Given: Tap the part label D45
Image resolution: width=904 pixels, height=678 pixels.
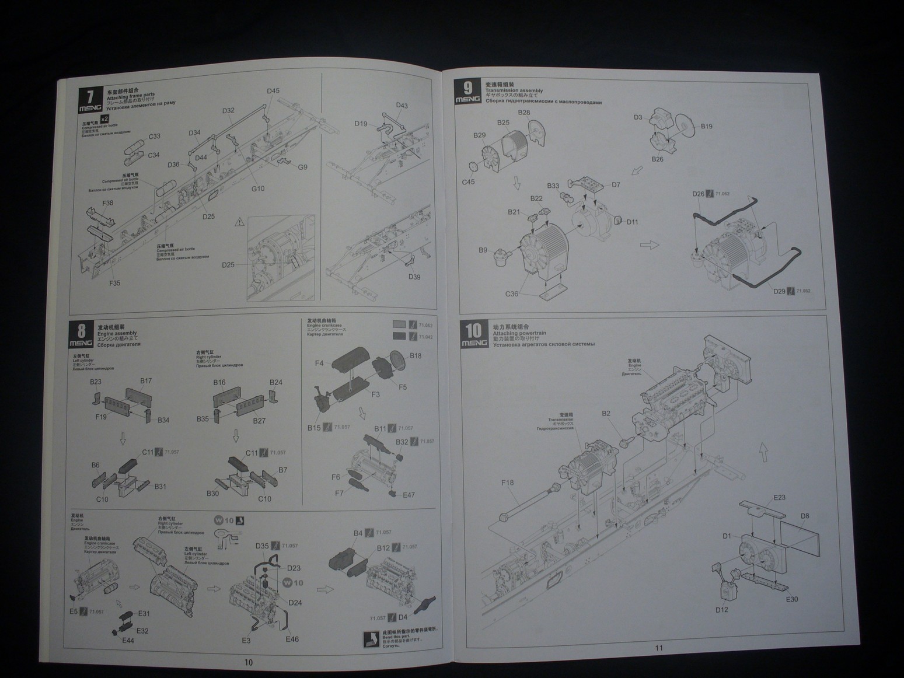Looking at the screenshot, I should [273, 91].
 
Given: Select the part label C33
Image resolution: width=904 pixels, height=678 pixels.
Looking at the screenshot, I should [154, 137].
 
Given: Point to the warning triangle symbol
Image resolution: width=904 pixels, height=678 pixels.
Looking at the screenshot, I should [239, 222].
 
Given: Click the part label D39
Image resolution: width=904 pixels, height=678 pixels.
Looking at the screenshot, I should [414, 277].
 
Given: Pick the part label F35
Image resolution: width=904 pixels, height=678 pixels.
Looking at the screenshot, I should [114, 283].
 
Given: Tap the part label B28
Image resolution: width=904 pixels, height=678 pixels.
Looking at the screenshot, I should [523, 113].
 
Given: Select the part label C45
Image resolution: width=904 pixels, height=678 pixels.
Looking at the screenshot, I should [468, 181].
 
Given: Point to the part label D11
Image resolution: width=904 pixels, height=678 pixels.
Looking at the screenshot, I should [632, 222].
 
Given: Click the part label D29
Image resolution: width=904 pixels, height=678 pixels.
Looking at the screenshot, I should [780, 291].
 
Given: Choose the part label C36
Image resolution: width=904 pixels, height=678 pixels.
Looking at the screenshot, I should [511, 293].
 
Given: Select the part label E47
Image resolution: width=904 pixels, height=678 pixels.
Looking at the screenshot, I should [409, 495].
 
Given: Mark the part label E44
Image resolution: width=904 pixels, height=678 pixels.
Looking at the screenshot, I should [128, 640].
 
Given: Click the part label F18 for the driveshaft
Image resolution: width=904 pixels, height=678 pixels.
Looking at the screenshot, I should [507, 483].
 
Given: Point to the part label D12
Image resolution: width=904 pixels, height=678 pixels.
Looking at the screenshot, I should [721, 610].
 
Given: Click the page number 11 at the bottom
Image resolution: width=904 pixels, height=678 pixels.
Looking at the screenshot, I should [659, 648].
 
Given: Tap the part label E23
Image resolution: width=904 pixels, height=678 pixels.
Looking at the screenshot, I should [779, 498].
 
